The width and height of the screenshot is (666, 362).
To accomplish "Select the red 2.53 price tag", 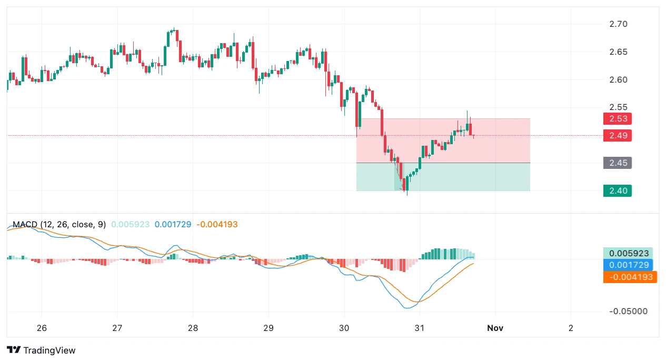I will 617,118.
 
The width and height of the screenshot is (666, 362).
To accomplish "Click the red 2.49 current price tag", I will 617,135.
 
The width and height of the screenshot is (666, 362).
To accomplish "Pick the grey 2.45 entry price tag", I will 617,163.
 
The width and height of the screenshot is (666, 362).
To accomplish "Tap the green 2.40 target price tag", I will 617,190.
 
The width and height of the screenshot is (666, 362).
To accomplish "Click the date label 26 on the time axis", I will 42,328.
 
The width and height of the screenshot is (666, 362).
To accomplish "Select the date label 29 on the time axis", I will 269,328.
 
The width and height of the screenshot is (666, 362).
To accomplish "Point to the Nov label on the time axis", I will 495,328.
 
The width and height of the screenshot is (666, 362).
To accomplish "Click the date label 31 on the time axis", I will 420,328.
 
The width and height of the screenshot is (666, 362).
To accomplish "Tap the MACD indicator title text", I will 59,225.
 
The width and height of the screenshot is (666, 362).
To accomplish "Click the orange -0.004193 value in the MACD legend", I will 217,225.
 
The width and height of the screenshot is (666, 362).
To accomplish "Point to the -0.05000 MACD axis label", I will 628,311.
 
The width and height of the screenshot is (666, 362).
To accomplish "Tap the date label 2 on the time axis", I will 571,328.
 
